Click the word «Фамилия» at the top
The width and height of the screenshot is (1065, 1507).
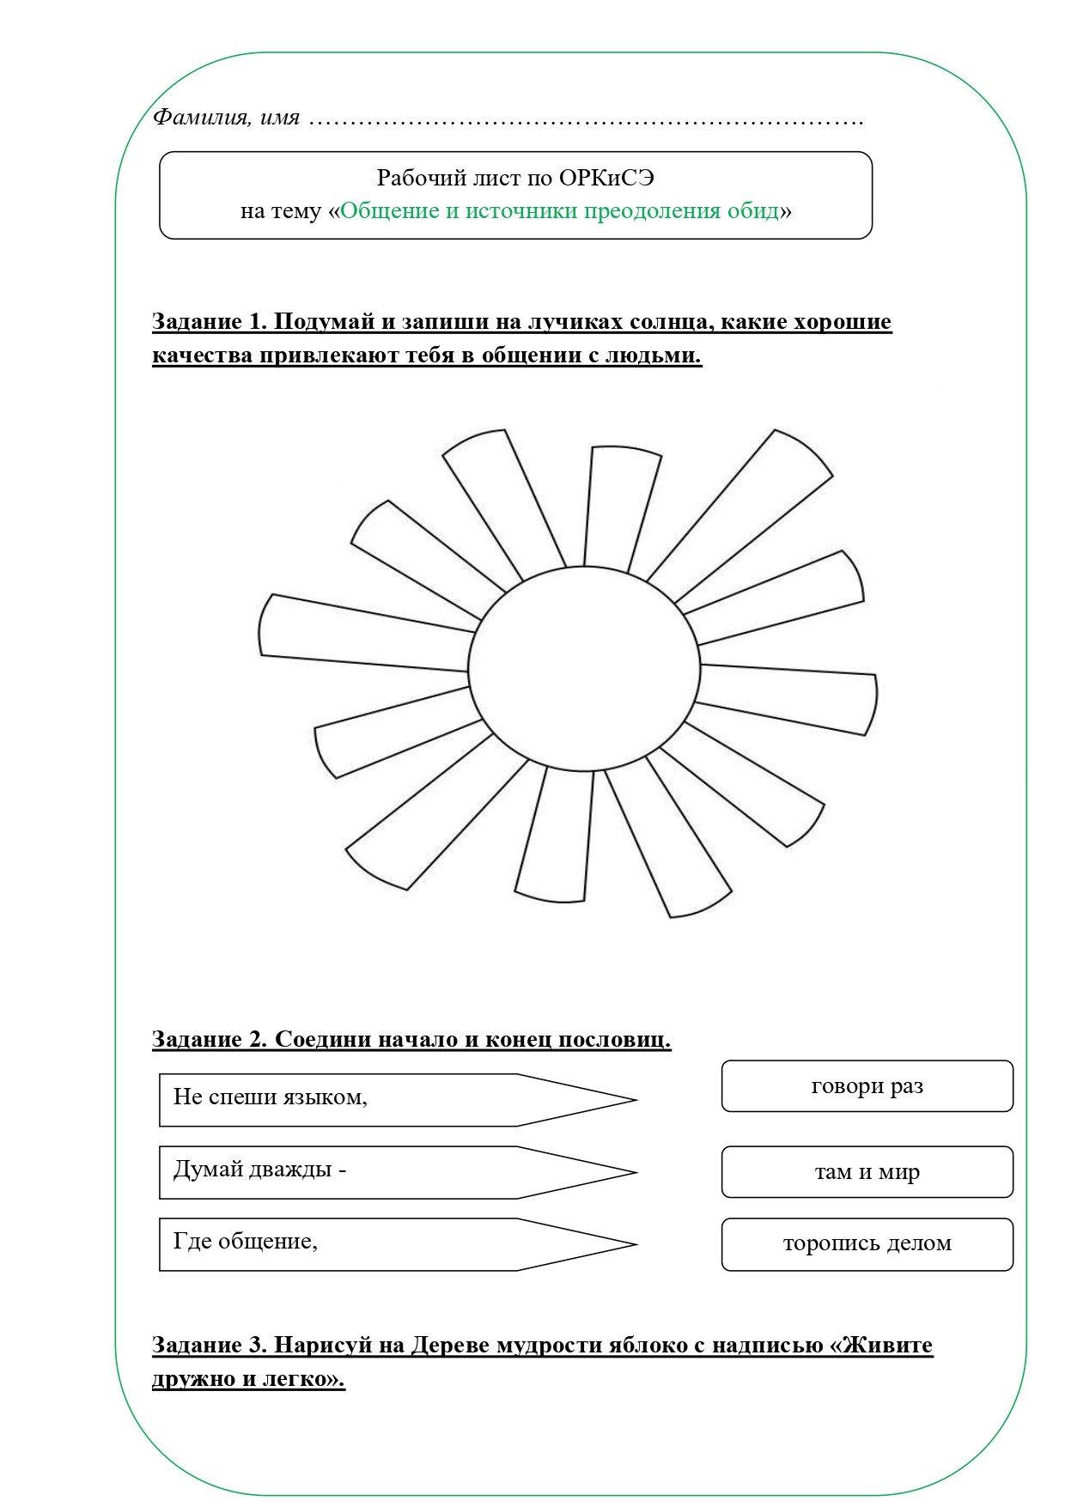200,117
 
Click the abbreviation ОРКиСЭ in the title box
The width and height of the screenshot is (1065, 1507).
606,178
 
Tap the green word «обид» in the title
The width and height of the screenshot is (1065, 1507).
752,211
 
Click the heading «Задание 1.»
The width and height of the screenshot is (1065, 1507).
210,322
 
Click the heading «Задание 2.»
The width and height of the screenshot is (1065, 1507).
210,1039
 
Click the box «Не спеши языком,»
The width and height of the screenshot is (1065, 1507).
344,1099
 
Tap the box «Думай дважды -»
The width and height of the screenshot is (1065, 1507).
344,1171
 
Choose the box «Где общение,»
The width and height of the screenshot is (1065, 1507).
344,1243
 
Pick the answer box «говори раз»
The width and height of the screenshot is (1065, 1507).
867,1086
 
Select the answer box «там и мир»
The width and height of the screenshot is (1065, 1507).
867,1171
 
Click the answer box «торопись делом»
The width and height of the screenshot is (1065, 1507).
867,1243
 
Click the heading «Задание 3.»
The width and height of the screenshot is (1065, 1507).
210,1345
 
